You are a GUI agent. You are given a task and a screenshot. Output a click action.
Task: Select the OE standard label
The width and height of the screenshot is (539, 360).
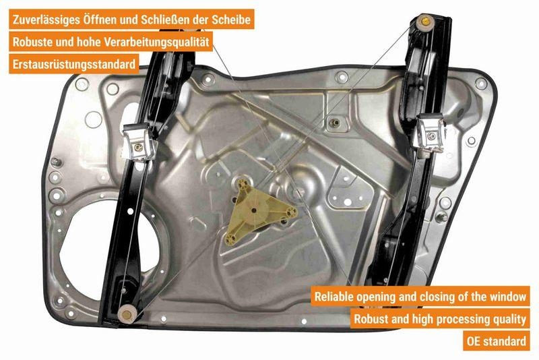coord(498,341)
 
